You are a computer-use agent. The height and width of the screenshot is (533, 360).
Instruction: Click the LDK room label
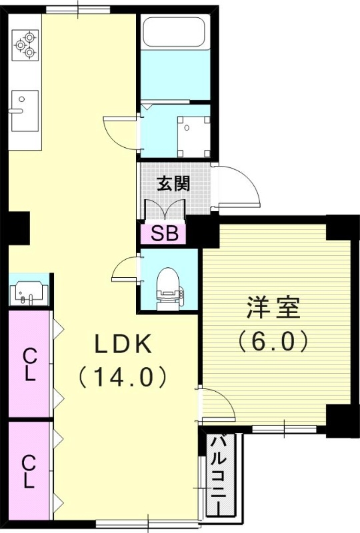coord(124,344)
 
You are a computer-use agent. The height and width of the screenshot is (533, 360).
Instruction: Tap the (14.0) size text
coord(124,377)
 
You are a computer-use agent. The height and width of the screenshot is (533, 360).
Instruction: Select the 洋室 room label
coord(273,308)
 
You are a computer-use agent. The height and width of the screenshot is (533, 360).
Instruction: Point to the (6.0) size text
coord(273,341)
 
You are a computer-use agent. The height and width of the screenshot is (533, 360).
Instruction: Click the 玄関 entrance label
coord(173,184)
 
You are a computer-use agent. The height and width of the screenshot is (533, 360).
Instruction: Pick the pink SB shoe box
coord(163,233)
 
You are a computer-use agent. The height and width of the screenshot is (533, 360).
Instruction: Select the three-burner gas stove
coord(25,44)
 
